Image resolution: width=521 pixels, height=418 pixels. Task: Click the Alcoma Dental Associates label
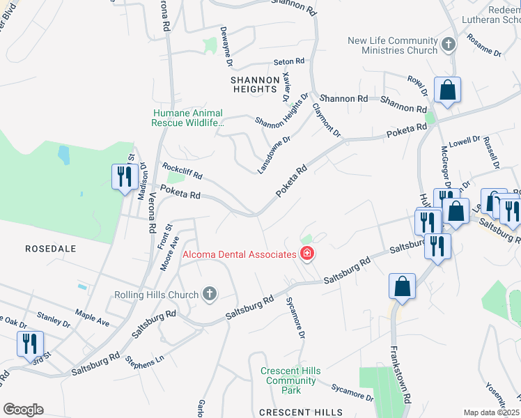(x=240, y=254)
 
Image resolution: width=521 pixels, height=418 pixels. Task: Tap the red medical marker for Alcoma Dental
(x=306, y=254)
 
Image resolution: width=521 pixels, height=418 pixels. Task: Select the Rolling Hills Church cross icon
(x=209, y=295)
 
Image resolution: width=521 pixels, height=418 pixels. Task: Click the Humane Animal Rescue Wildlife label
(x=187, y=118)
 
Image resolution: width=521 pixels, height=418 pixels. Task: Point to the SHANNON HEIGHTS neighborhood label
(x=254, y=84)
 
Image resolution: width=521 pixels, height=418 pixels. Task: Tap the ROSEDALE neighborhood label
(x=50, y=248)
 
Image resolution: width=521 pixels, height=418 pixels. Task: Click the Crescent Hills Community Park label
(x=290, y=380)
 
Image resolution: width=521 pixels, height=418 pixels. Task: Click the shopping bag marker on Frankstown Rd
(x=403, y=287)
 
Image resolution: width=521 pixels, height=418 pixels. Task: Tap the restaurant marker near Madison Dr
(x=123, y=176)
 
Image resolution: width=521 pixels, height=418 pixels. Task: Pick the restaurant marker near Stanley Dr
(x=30, y=343)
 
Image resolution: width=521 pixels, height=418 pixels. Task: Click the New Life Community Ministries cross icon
(x=449, y=46)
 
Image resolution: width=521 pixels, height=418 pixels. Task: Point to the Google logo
(x=23, y=410)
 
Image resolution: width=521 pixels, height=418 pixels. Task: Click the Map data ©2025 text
(x=491, y=412)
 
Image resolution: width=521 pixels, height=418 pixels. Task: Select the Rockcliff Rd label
(x=182, y=171)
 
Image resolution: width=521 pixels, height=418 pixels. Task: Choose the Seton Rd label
(x=289, y=62)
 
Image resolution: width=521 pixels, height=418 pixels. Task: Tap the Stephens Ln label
(x=144, y=364)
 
